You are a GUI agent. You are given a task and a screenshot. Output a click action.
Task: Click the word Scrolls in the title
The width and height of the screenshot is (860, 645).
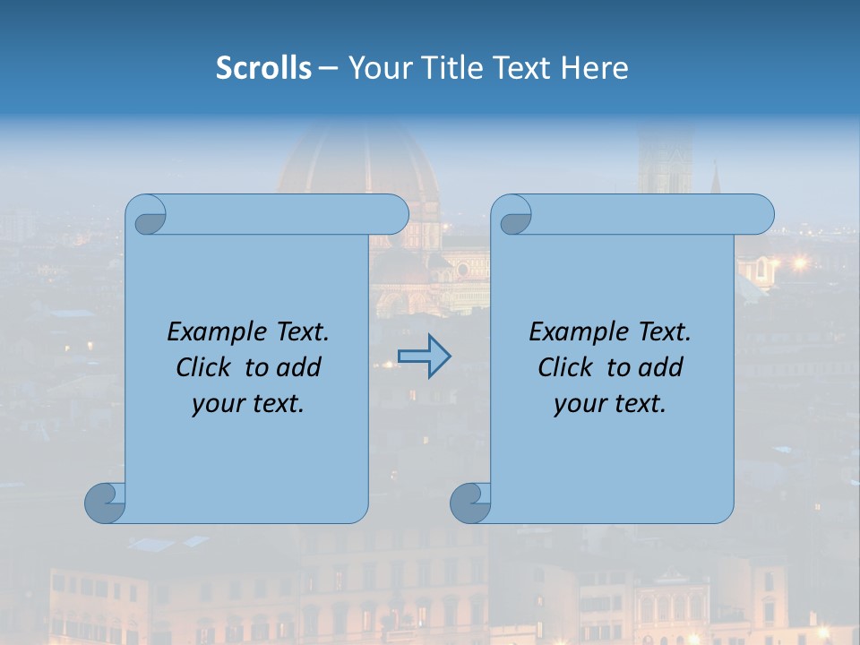click(x=263, y=68)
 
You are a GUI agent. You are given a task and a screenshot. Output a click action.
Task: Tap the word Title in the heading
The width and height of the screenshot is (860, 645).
click(x=452, y=68)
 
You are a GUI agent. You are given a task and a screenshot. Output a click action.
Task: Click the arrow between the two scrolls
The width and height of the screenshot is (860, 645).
click(x=425, y=357)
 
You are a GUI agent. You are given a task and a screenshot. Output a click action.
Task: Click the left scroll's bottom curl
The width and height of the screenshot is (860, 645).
click(x=106, y=503)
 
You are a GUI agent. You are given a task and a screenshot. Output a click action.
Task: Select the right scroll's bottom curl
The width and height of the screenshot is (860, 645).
click(x=471, y=503)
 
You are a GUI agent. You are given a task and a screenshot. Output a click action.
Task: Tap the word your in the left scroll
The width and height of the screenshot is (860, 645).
click(x=216, y=404)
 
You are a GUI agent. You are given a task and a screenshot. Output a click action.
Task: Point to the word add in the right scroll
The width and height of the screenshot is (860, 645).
click(x=662, y=367)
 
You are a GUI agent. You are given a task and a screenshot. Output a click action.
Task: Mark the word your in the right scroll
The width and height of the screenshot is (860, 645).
click(x=578, y=404)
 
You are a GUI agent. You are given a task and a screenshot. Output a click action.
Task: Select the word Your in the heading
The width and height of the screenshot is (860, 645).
click(x=379, y=68)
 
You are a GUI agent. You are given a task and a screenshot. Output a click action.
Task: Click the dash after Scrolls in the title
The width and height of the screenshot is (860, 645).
click(x=329, y=68)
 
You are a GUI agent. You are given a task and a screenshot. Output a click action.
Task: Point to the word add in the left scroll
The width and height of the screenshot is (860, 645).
click(x=300, y=367)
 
